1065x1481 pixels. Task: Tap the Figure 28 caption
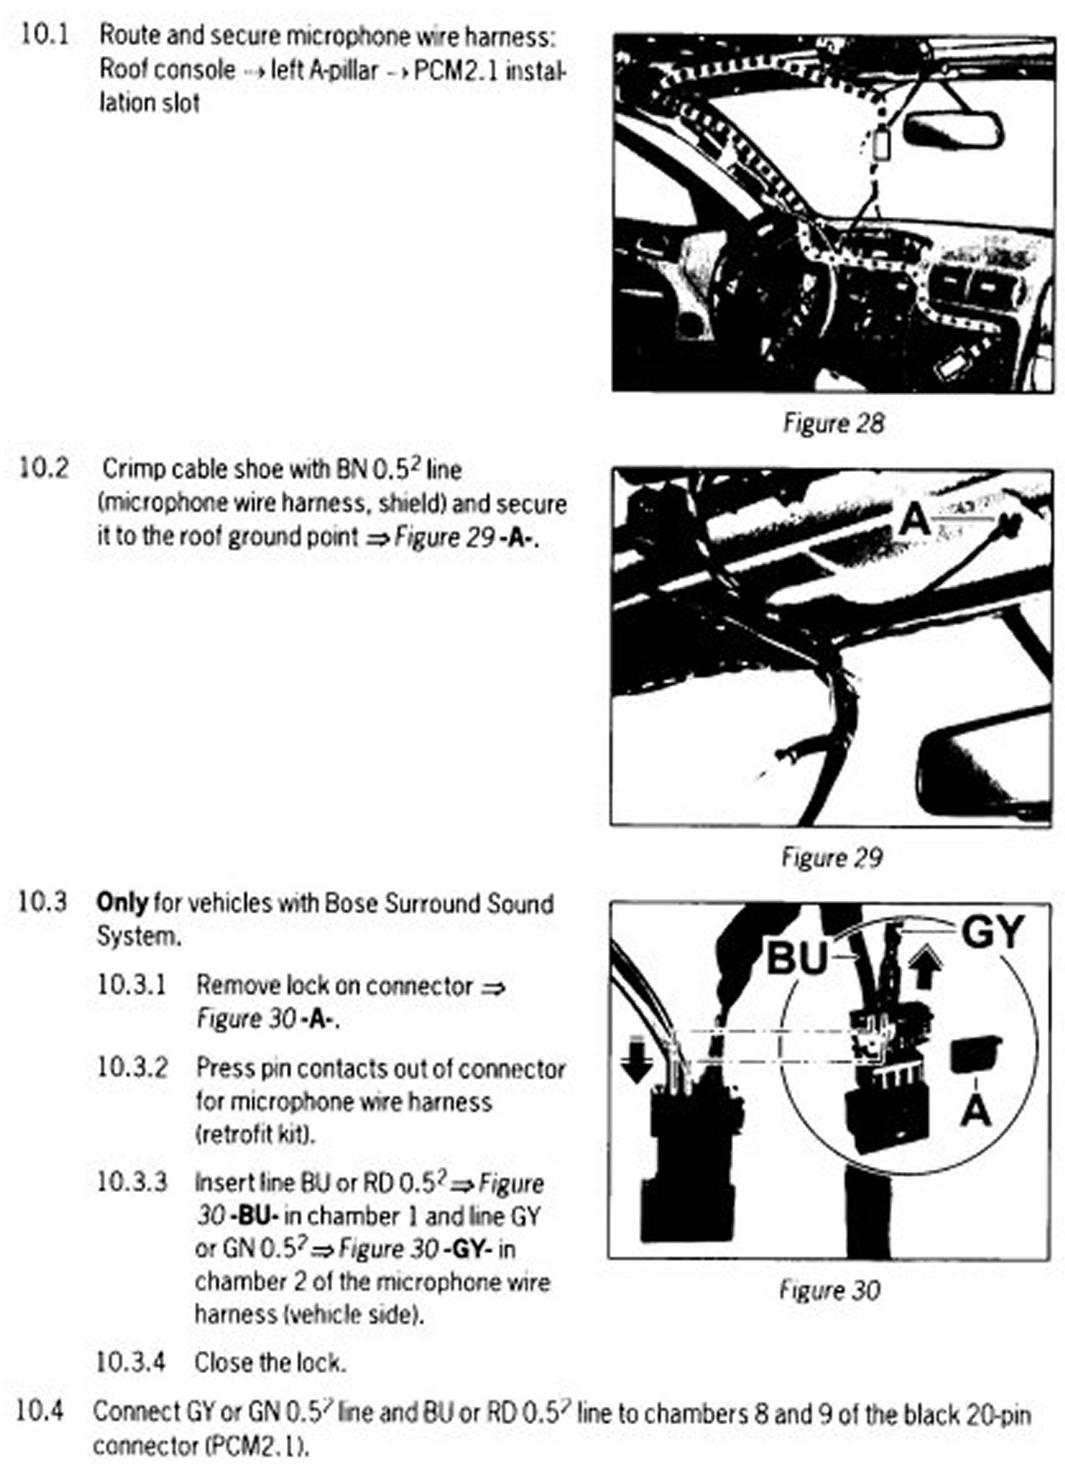click(x=833, y=423)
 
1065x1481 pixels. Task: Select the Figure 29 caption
click(x=831, y=857)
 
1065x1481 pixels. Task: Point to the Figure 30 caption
click(x=829, y=1290)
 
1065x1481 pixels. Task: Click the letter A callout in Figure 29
click(x=915, y=520)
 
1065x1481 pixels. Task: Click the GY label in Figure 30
click(x=993, y=932)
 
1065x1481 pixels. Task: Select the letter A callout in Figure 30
click(x=976, y=1111)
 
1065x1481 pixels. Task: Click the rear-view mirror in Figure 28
click(x=953, y=128)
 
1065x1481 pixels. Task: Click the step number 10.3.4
click(x=131, y=1362)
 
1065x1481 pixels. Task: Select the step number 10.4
click(x=40, y=1410)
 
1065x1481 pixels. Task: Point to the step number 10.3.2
click(x=132, y=1068)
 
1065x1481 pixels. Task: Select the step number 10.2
click(x=44, y=468)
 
